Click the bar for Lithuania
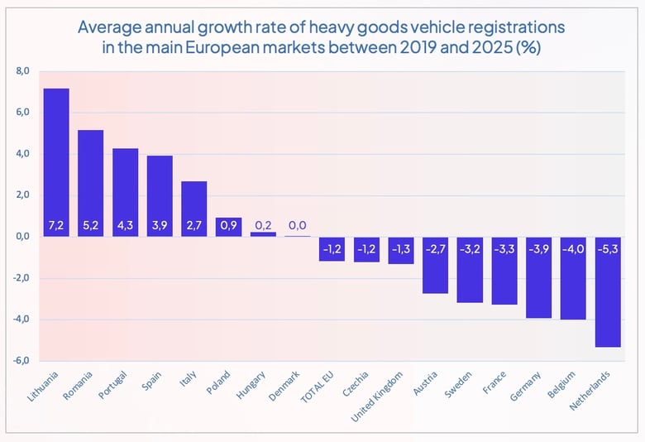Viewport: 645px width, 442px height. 56,162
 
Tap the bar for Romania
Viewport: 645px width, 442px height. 90,183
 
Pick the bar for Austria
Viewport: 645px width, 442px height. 436,265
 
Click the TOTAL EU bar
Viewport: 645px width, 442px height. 332,248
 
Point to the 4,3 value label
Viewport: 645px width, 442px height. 125,225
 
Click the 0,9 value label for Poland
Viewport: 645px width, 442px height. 228,225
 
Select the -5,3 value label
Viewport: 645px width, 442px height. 609,248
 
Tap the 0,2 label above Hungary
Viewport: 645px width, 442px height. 263,225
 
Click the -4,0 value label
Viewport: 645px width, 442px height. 574,248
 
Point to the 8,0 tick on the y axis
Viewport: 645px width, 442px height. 22,72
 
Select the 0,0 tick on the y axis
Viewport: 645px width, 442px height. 22,237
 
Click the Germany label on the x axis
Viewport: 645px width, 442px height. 528,387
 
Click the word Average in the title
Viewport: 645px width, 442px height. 108,27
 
